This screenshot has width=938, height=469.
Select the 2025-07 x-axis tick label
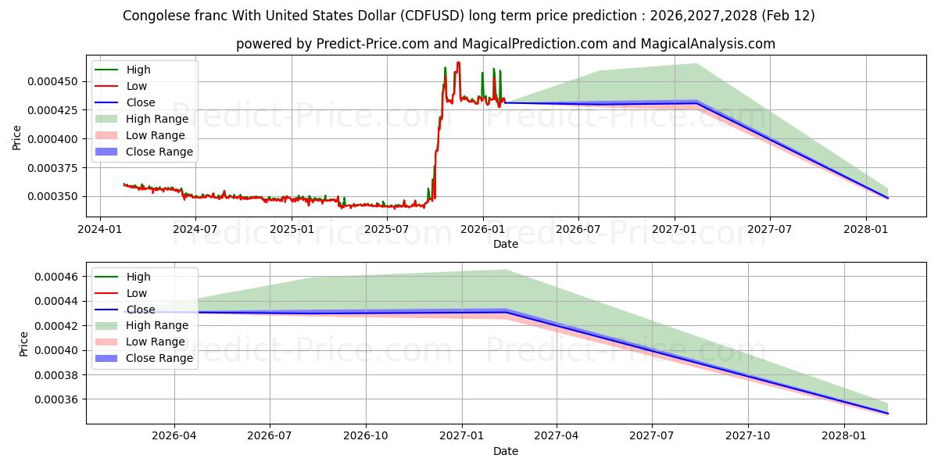[386, 229]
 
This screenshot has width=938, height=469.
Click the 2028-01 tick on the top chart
[865, 229]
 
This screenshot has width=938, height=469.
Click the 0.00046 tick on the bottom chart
[59, 277]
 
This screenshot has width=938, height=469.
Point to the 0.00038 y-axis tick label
[59, 375]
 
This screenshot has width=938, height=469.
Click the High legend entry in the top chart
[138, 70]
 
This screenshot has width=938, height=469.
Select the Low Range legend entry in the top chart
[156, 135]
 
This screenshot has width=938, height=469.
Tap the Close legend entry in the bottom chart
[141, 310]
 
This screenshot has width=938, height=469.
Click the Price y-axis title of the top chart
[17, 138]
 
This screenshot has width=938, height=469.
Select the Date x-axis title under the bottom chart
[505, 451]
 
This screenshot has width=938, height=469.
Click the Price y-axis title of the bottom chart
[23, 344]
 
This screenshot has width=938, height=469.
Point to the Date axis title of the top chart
[505, 244]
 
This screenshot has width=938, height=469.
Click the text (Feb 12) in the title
[788, 16]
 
